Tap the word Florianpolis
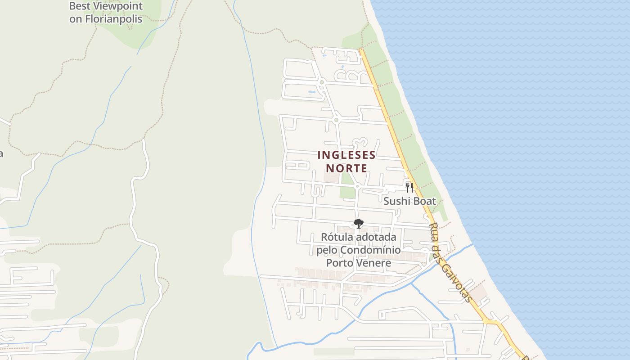(112, 19)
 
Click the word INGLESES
(346, 155)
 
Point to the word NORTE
(346, 168)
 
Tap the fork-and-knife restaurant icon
(409, 187)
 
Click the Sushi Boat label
(409, 201)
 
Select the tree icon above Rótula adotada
(358, 223)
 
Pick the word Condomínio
(370, 250)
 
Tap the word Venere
(372, 262)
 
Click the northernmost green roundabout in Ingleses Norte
(322, 82)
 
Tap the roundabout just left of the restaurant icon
(357, 186)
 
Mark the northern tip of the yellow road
(360, 49)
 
